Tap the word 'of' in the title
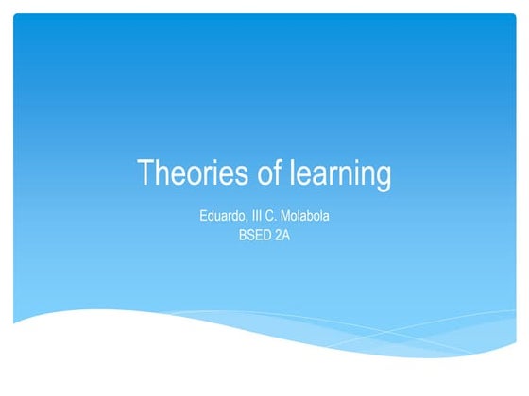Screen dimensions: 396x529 [x=267, y=174]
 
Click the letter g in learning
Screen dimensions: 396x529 [x=383, y=178]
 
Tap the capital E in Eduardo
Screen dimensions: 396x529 [x=204, y=217]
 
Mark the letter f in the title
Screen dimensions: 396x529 [x=277, y=173]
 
